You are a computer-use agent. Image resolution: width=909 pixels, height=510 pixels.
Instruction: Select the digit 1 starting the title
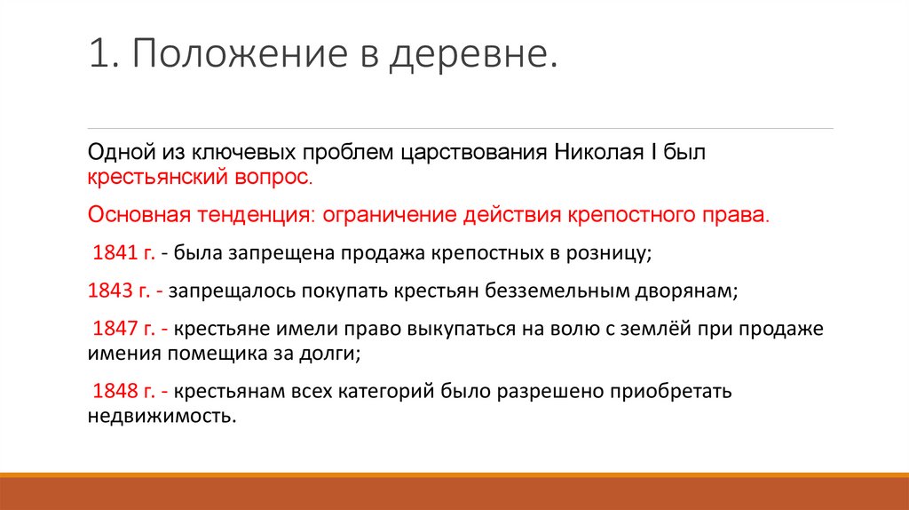[x=97, y=57]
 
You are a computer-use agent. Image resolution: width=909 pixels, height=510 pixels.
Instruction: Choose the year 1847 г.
[x=124, y=329]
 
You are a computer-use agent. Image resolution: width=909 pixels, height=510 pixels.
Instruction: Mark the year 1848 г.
[x=124, y=390]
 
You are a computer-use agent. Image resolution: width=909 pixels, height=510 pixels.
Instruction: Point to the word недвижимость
[x=163, y=416]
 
